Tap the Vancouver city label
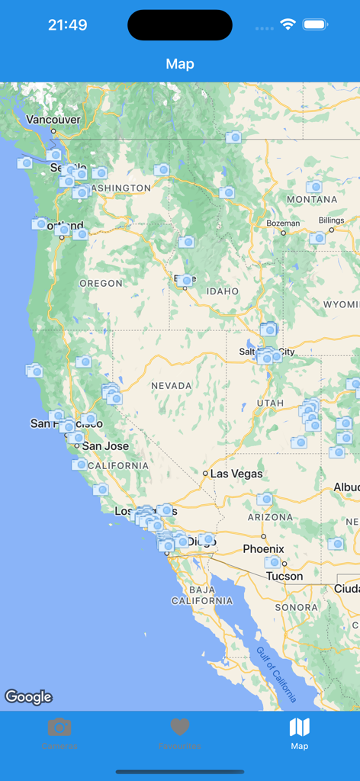point(53,120)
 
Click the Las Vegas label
point(236,474)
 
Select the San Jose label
point(105,446)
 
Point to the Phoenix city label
point(263,549)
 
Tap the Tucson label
point(284,577)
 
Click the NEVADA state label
point(172,386)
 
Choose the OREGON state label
point(101,284)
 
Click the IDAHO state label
point(222,291)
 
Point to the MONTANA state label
point(312,200)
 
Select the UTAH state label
point(270,403)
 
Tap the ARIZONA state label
point(271,517)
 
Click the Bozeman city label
point(283,223)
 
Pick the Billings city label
point(332,220)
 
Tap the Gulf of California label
point(276,674)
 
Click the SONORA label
point(296,608)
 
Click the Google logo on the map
point(28,696)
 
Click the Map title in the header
point(180,64)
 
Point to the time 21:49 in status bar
point(67,24)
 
